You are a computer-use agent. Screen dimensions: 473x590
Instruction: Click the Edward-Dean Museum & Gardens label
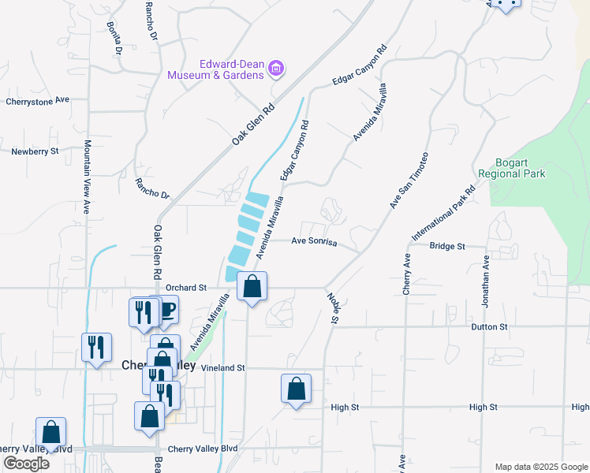[x=215, y=69]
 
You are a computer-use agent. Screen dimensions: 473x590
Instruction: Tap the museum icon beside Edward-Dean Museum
[x=276, y=69]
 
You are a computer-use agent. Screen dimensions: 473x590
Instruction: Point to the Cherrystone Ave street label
[x=38, y=101]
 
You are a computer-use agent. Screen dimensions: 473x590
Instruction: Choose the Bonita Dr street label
[x=115, y=38]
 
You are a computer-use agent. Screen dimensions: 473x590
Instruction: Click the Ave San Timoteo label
[x=408, y=181]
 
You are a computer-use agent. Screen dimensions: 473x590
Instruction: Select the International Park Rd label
[x=443, y=214]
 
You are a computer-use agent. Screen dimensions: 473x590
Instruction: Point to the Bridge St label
[x=446, y=246]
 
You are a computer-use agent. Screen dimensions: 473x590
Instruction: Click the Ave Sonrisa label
[x=314, y=241]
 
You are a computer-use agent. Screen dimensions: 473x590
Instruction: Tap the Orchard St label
[x=186, y=288]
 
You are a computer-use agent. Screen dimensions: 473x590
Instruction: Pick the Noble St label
[x=333, y=308]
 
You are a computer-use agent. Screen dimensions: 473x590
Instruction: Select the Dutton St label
[x=489, y=326]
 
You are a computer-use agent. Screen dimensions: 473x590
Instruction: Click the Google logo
[x=26, y=464]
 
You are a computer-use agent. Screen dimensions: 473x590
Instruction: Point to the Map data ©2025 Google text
[x=540, y=467]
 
